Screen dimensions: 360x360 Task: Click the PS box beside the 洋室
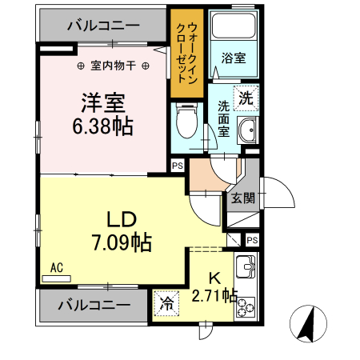[176, 166]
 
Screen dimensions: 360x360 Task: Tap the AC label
[57, 268]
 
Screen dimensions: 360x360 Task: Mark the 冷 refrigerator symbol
[167, 303]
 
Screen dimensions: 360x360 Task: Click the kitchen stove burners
[245, 306]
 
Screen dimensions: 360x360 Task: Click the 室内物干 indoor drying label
[114, 65]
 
